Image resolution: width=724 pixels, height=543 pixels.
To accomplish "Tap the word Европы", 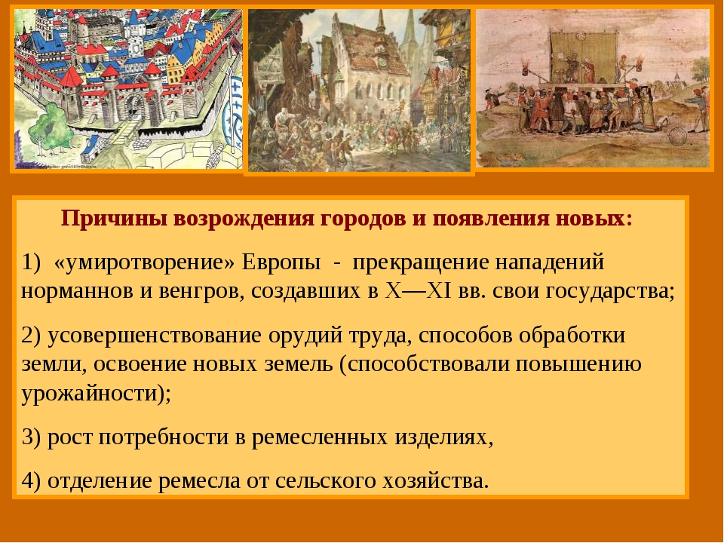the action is point(281,262).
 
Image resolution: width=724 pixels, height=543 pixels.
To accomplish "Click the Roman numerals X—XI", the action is point(419,291).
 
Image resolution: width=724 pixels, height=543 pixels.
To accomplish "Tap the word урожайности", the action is point(90,394).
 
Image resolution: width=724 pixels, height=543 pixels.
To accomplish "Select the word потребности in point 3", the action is point(164,437).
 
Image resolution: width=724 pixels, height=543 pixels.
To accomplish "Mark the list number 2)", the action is point(32,336).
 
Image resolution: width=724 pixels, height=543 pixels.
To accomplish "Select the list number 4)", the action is point(32,480).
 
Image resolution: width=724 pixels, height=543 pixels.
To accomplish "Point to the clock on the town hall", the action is point(382,60).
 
